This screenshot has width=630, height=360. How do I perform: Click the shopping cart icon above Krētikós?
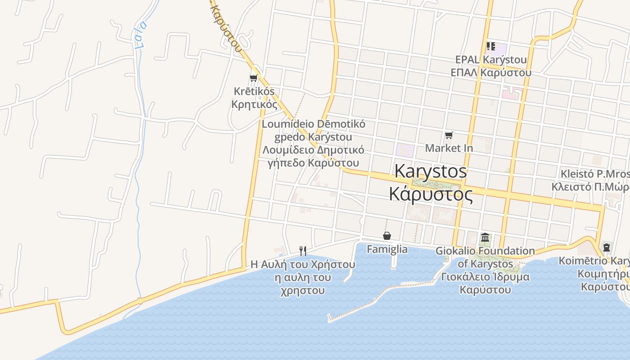(x=253, y=78)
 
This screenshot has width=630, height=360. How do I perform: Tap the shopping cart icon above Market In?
(x=449, y=135)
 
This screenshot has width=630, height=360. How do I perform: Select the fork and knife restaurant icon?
(x=303, y=251)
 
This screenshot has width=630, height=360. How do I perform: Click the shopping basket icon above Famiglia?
(x=387, y=236)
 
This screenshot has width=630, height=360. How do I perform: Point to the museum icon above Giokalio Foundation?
(x=485, y=237)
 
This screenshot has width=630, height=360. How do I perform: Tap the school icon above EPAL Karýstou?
(x=490, y=46)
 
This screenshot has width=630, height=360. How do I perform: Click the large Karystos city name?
(x=430, y=171)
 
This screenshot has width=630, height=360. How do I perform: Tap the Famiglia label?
(x=387, y=249)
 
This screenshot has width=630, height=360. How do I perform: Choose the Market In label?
(x=449, y=148)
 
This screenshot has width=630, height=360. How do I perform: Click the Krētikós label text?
(x=254, y=91)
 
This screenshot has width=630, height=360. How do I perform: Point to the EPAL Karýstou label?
(x=490, y=59)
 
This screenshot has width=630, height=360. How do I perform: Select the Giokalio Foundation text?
(x=485, y=251)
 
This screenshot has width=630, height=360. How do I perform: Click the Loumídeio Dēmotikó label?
(x=313, y=124)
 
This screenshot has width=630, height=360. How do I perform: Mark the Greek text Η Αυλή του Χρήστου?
(x=302, y=265)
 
